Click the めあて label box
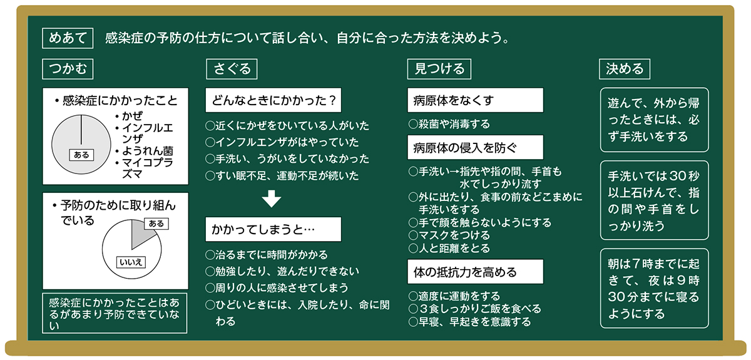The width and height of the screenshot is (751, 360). click(68, 38)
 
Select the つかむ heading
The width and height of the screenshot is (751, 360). click(68, 68)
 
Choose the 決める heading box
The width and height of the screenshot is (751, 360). click(625, 68)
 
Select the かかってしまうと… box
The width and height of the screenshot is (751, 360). click(273, 229)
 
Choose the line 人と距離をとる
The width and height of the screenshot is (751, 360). click(449, 248)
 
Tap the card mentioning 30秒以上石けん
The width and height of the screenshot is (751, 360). click(654, 200)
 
